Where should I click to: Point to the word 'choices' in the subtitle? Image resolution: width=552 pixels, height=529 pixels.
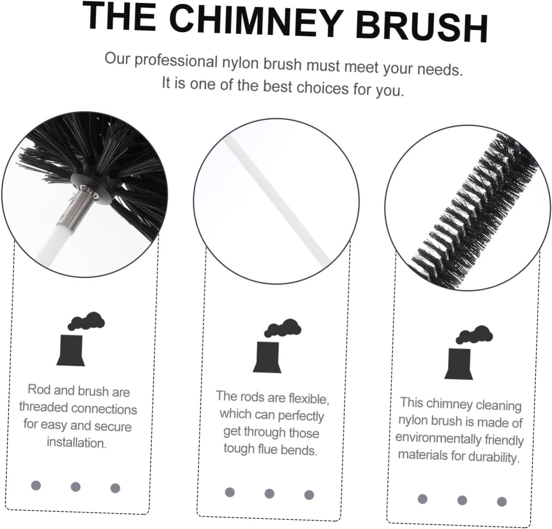(x=322, y=87)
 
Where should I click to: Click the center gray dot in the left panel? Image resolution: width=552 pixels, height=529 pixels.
(x=76, y=487)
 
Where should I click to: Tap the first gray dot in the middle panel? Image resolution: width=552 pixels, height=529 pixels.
(x=230, y=492)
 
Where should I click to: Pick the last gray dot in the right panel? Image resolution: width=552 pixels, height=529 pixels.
(x=502, y=501)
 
